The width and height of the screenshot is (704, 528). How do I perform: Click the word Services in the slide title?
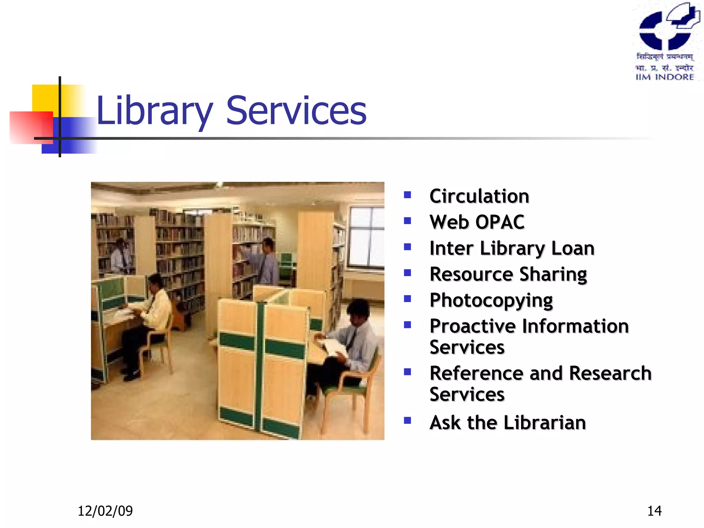296,111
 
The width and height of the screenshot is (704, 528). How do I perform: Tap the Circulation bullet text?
479,196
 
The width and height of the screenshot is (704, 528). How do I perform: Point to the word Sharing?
553,274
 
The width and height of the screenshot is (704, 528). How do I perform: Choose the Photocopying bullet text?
491,300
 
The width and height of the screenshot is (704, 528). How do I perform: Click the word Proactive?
473,326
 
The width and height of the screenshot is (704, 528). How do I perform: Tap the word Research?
610,373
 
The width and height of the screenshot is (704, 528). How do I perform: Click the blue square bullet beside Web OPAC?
407,221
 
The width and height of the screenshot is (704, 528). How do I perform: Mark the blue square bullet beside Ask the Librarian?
407,420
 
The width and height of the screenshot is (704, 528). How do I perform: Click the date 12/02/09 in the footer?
105,511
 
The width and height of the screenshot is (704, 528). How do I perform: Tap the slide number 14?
654,511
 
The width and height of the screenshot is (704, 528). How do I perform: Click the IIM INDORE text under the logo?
665,77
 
